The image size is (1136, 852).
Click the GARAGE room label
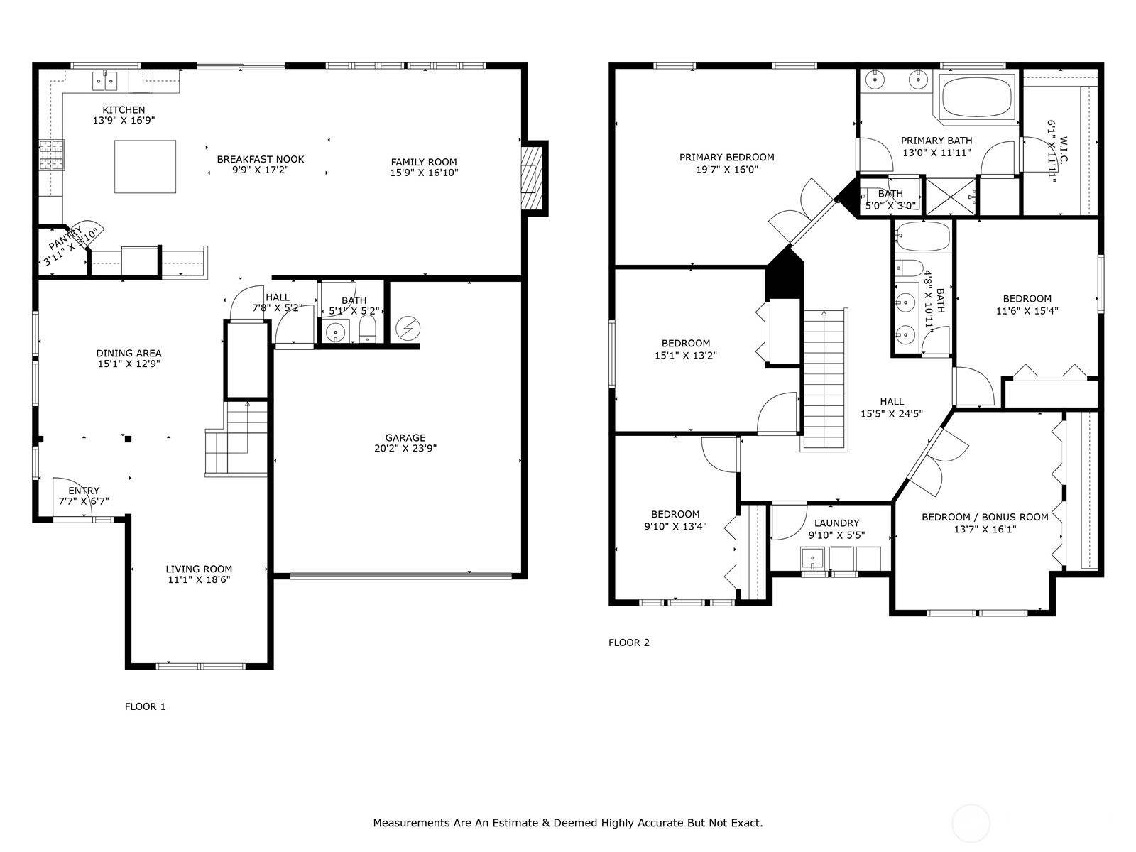pyautogui.click(x=405, y=437)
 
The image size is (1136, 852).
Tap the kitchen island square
pyautogui.click(x=145, y=167)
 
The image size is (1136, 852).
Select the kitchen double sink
pyautogui.click(x=104, y=81)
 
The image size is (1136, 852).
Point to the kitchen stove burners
pyautogui.click(x=52, y=155)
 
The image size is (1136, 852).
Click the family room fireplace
pyautogui.click(x=532, y=178)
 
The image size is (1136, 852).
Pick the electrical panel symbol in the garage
pyautogui.click(x=408, y=329)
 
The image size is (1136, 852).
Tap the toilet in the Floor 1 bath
pyautogui.click(x=368, y=329)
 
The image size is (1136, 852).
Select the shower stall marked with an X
pyautogui.click(x=951, y=196)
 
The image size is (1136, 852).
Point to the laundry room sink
pyautogui.click(x=812, y=559)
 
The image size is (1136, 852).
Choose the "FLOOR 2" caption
pyautogui.click(x=629, y=643)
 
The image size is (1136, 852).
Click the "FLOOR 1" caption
pyautogui.click(x=146, y=706)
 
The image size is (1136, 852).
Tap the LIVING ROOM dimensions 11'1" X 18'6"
pyautogui.click(x=199, y=580)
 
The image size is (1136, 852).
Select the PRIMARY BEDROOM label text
pyautogui.click(x=726, y=157)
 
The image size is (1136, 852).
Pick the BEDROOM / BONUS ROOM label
pyautogui.click(x=985, y=517)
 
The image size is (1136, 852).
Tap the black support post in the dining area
pyautogui.click(x=128, y=439)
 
